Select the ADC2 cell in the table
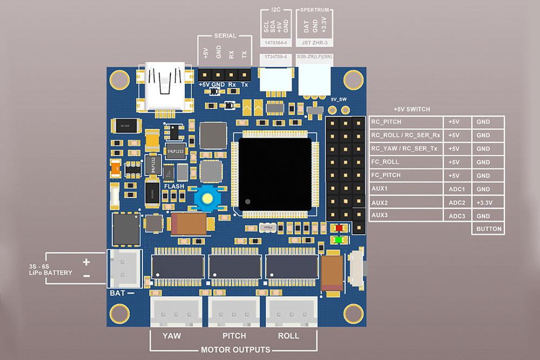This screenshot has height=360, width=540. tap(457, 202)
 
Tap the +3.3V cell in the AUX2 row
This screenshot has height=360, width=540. tap(488, 202)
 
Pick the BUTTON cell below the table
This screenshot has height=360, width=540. tap(488, 229)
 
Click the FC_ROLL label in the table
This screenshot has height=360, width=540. tap(385, 162)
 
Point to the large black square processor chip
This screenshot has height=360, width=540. tap(275, 174)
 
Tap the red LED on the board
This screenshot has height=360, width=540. tap(339, 228)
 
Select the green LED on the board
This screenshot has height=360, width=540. tap(339, 239)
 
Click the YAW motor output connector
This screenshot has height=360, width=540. tap(171, 313)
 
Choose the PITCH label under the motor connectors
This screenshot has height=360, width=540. tap(234, 336)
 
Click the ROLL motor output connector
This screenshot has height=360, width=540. tap(289, 313)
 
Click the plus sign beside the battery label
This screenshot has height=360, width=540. tap(86, 262)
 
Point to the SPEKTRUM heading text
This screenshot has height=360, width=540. tap(315, 10)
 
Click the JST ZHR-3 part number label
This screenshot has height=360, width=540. tap(315, 42)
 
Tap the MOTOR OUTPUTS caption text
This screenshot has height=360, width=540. tap(235, 350)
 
